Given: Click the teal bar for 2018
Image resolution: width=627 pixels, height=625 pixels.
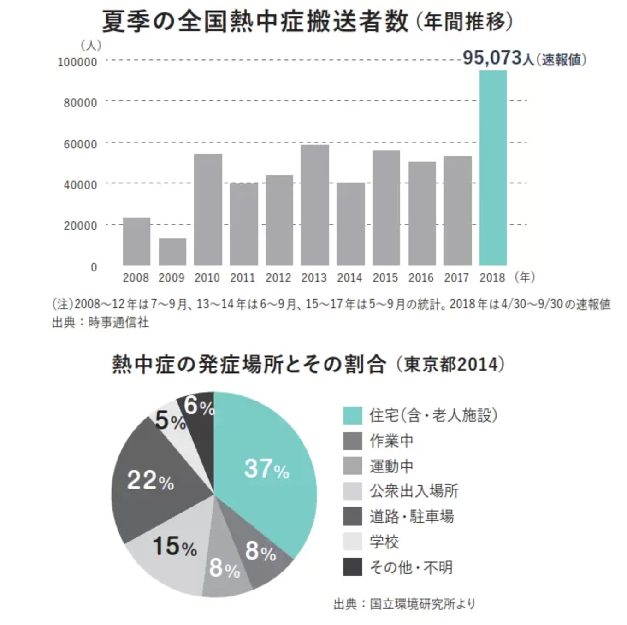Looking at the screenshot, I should point(493,168).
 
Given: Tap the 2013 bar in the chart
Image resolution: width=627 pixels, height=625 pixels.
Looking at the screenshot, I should point(314,205).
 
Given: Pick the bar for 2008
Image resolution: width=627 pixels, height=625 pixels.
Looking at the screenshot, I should point(136,242).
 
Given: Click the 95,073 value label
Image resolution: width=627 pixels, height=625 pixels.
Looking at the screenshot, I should point(492,58).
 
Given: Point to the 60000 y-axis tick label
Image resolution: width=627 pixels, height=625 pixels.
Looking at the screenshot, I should point(80,144).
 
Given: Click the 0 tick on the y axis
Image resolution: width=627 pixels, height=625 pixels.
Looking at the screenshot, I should point(94,267).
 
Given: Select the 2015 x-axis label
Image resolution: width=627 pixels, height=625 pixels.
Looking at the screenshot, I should point(385,277).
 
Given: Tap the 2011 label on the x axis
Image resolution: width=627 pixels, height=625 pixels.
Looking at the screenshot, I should point(243,277).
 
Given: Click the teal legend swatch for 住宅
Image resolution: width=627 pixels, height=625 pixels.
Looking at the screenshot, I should point(353,415).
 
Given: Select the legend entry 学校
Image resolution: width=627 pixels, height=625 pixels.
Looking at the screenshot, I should point(384,542).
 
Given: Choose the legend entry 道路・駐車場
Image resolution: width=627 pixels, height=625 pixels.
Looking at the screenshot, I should point(411,516).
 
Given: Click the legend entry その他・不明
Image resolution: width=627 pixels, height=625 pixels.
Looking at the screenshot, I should point(410,567).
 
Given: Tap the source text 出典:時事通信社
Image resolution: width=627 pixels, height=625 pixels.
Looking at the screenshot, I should point(101,322).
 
